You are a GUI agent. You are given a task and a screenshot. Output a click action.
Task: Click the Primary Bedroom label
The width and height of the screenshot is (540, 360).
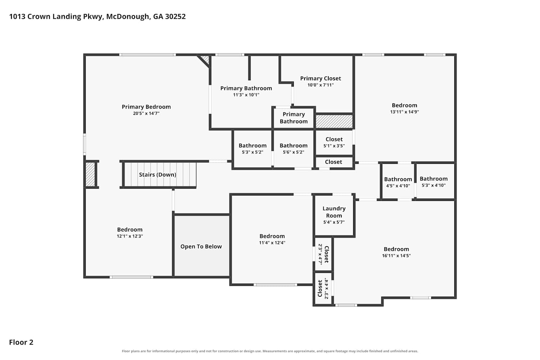146,107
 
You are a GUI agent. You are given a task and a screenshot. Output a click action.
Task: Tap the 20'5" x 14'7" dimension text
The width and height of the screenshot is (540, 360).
146,113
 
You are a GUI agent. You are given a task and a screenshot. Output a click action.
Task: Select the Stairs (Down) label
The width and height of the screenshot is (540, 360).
157,175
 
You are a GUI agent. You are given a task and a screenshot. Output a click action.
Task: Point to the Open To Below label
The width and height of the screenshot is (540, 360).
201,247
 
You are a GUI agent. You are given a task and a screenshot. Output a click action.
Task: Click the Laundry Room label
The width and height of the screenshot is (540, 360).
334,212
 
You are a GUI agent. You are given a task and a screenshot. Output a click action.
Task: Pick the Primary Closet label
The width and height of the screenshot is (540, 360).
320,78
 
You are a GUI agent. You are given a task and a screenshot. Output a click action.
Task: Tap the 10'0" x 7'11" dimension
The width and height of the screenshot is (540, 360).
320,85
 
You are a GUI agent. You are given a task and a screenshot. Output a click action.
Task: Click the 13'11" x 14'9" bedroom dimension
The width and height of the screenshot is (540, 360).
404,112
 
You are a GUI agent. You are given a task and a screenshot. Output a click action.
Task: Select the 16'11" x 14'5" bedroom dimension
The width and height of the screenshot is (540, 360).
396,256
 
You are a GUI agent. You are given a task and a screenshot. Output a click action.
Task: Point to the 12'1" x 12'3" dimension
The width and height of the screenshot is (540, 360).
130,236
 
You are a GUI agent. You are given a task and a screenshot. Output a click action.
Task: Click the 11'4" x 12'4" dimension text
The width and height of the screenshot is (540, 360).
272,243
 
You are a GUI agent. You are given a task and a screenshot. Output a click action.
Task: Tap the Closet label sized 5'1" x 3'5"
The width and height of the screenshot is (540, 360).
334,139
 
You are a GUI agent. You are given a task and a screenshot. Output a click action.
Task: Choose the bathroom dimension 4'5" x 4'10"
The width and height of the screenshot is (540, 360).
398,186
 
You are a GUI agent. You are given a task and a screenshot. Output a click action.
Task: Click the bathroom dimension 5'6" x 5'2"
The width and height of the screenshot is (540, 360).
293,152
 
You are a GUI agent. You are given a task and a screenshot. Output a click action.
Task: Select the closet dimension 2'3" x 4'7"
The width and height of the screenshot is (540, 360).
320,254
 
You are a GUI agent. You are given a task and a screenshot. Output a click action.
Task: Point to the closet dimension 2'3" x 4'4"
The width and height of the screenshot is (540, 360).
327,288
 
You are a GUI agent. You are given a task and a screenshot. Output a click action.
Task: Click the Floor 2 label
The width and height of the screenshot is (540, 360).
21,342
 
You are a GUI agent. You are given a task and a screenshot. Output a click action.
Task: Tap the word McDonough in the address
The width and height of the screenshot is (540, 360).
128,17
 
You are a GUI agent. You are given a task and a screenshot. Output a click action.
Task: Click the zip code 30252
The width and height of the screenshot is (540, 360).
175,17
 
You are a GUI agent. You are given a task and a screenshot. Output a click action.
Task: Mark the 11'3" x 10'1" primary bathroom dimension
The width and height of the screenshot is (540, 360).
246,95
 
